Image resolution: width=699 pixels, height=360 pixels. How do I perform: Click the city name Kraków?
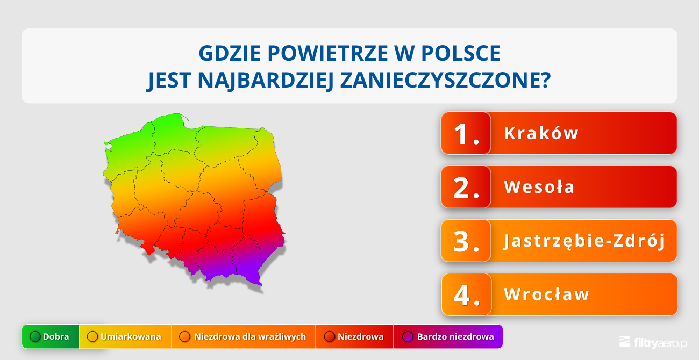point(541,133)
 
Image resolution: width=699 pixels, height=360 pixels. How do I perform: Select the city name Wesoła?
point(539,187)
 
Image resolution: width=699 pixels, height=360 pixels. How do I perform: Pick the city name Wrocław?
point(547,294)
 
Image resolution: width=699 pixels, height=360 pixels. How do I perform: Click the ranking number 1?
point(466,134)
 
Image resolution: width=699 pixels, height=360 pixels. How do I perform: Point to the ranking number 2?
point(466,188)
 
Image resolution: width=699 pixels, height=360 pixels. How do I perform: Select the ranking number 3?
point(466,241)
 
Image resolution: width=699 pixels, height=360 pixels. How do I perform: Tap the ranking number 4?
point(466,295)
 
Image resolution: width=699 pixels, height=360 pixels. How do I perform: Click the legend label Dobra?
point(56,337)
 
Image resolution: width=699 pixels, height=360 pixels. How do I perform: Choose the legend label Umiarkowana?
point(131,337)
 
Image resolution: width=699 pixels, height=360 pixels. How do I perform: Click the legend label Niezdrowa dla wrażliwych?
point(250,337)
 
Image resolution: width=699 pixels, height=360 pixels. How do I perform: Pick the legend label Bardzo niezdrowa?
point(455,337)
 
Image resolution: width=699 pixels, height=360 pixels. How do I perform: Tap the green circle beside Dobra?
point(35,337)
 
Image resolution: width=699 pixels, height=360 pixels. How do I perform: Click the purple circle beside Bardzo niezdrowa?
point(408,337)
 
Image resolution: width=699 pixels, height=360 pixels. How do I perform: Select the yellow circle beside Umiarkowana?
point(92,337)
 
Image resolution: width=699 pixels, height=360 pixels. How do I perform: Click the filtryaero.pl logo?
point(654,342)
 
